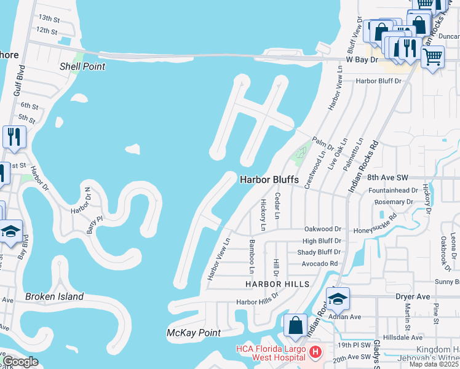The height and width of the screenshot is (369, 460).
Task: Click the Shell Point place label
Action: click(82, 66)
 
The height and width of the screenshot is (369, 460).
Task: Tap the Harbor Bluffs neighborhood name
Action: click(269, 180)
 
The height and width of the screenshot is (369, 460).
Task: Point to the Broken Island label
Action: click(54, 296)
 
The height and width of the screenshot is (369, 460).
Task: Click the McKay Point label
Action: click(194, 333)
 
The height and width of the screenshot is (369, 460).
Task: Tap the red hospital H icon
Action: click(315, 352)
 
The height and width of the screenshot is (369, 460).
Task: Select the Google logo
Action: click(21, 362)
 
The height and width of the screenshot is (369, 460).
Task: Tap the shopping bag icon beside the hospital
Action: click(295, 325)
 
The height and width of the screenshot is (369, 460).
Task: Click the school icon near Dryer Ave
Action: click(338, 299)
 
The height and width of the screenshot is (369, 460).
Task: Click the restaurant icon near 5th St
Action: click(14, 136)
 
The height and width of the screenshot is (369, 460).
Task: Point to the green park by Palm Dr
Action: click(301, 151)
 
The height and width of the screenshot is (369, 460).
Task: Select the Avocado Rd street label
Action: click(320, 263)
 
